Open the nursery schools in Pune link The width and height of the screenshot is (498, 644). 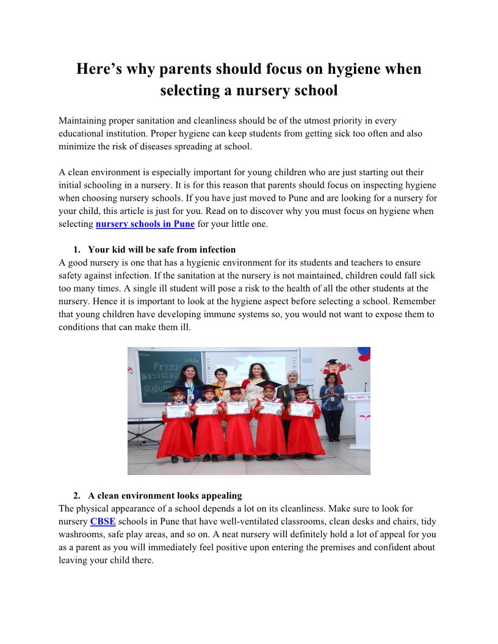pos(145,224)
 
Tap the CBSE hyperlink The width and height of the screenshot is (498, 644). pos(103,521)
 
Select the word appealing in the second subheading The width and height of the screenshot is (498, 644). pos(220,496)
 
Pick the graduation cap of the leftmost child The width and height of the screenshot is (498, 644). pos(176,390)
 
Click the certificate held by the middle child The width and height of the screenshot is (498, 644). pos(238,410)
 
